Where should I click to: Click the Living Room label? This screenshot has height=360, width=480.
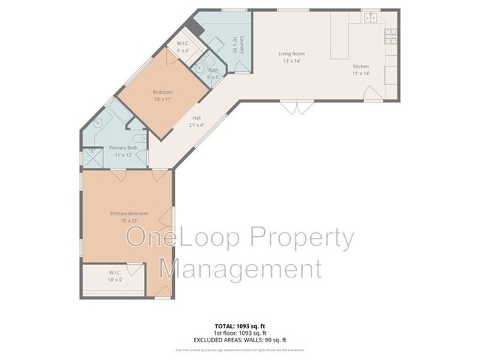(292, 54)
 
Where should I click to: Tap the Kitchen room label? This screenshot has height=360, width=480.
(360, 66)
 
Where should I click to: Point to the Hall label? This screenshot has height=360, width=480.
(196, 118)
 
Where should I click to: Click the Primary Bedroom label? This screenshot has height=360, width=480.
(124, 214)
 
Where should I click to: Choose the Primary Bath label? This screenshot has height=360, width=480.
(123, 148)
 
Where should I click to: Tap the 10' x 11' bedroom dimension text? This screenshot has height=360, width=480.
(162, 98)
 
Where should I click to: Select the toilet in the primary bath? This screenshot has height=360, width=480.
(137, 139)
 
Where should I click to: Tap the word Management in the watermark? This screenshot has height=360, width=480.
(241, 269)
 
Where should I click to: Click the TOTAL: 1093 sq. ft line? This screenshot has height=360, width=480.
(240, 325)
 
